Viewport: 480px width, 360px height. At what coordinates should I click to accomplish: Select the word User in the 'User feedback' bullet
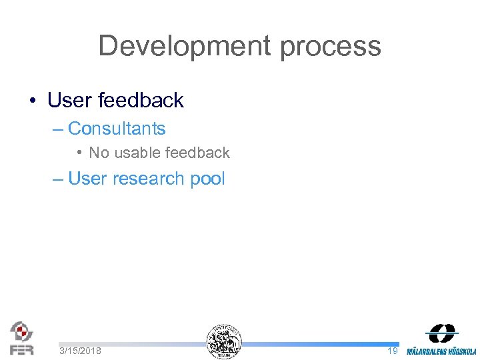[69, 101]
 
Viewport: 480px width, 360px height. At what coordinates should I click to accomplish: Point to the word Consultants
[117, 128]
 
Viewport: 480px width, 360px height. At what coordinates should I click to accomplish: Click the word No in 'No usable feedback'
[99, 153]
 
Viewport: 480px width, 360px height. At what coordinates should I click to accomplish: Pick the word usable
[134, 153]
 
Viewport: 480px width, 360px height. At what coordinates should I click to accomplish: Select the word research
[145, 179]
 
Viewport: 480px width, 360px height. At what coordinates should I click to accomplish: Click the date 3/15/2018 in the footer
[80, 351]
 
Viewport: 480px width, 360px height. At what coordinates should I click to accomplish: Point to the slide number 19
[392, 351]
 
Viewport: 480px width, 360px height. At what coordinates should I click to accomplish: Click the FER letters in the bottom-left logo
[22, 349]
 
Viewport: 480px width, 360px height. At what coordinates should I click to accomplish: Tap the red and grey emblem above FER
[21, 331]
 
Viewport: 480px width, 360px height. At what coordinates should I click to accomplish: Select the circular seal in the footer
[224, 342]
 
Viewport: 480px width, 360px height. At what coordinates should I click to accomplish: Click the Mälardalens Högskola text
[441, 351]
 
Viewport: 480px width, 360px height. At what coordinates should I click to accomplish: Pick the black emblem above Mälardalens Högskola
[442, 333]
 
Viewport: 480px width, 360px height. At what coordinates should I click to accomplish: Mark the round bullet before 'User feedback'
[32, 101]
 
